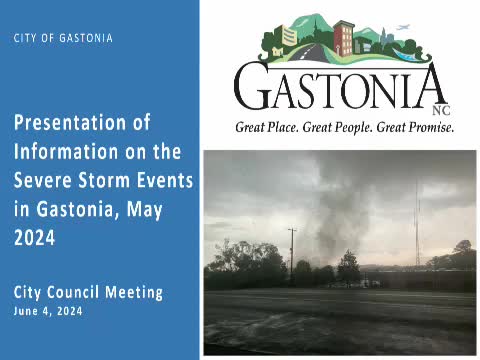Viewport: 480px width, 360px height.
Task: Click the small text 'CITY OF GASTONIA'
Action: pos(63,38)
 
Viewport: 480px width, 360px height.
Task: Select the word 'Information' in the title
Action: pos(64,152)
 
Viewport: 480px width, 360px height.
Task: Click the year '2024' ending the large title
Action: pos(36,239)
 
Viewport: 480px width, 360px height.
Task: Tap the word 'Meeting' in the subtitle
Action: pos(136,293)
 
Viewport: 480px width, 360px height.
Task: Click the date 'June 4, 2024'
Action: pos(49,311)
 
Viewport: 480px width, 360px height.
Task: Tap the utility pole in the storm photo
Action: pos(291,255)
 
